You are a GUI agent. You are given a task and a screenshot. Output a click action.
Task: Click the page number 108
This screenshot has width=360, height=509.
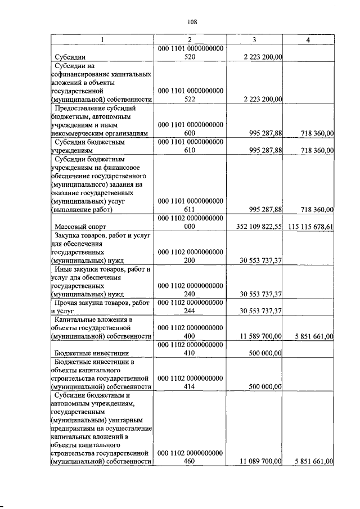pos(192,22)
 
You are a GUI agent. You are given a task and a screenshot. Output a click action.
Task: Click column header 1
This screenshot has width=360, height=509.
pos(102,39)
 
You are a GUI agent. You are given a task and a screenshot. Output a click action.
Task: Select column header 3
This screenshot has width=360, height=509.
pos(254,39)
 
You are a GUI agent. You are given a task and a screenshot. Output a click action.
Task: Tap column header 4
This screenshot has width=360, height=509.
pos(308,39)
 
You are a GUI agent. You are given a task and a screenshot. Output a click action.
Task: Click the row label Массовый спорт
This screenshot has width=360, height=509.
pos(78,227)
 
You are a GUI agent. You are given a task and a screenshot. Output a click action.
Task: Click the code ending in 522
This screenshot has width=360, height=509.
pos(190,94)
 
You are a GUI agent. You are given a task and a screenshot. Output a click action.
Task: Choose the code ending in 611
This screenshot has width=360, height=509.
pos(190,205)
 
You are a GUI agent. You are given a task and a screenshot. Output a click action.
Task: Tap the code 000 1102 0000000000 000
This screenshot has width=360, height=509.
pos(190,222)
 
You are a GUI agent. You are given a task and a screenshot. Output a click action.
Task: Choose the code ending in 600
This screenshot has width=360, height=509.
pos(190,129)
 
